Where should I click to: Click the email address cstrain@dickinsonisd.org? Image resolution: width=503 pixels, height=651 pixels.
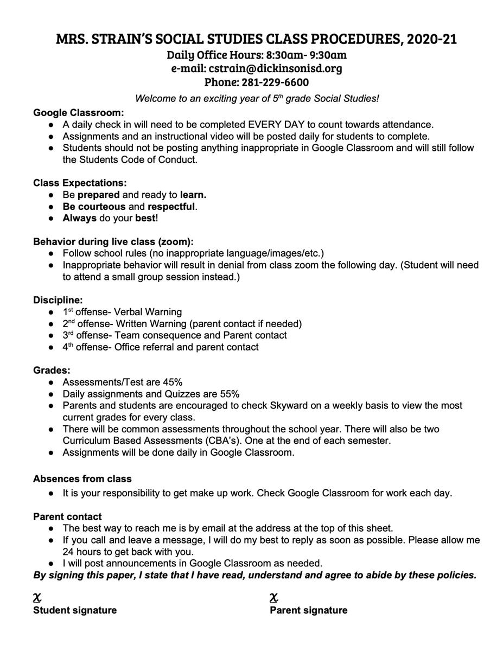pos(275,68)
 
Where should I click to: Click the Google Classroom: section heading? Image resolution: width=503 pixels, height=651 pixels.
pos(79,113)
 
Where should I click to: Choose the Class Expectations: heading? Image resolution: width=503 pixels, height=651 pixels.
pos(80,183)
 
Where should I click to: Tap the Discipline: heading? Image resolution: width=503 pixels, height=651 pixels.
pos(58,300)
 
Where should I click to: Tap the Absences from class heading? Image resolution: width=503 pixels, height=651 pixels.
pos(82,479)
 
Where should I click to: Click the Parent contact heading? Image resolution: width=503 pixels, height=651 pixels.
pos(67,516)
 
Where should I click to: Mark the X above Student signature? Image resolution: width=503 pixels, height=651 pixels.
pos(37,598)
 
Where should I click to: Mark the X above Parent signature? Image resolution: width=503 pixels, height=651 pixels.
pos(274,598)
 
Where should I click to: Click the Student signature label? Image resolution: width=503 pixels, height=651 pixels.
pos(75,610)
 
